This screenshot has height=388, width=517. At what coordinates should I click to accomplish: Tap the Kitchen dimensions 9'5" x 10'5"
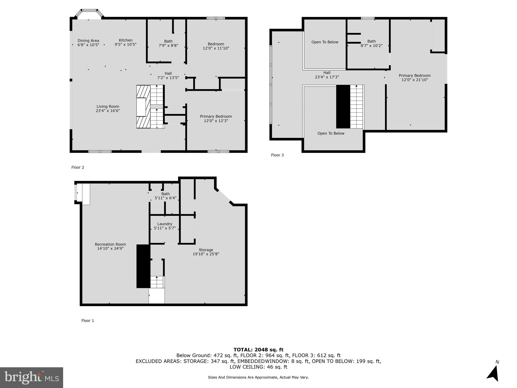[125, 44]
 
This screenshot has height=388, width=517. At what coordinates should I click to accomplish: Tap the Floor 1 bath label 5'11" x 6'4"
[165, 196]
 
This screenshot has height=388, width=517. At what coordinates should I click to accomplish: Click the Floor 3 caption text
[277, 155]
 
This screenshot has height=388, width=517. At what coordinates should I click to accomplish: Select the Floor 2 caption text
[77, 167]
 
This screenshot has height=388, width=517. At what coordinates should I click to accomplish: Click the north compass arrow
[493, 373]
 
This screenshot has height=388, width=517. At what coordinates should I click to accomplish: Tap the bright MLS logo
[31, 377]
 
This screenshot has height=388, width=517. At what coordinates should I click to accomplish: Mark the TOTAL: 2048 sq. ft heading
[258, 350]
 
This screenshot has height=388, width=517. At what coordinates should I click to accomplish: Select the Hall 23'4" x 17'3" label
[327, 75]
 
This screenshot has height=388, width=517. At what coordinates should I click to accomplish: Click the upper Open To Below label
[325, 42]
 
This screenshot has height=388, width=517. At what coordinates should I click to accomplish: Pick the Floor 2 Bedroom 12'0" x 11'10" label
[216, 46]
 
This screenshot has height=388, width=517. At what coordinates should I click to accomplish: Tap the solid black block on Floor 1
[143, 266]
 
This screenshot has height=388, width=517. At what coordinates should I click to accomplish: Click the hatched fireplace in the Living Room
[143, 107]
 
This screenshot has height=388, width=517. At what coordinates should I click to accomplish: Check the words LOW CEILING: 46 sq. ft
[258, 367]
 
